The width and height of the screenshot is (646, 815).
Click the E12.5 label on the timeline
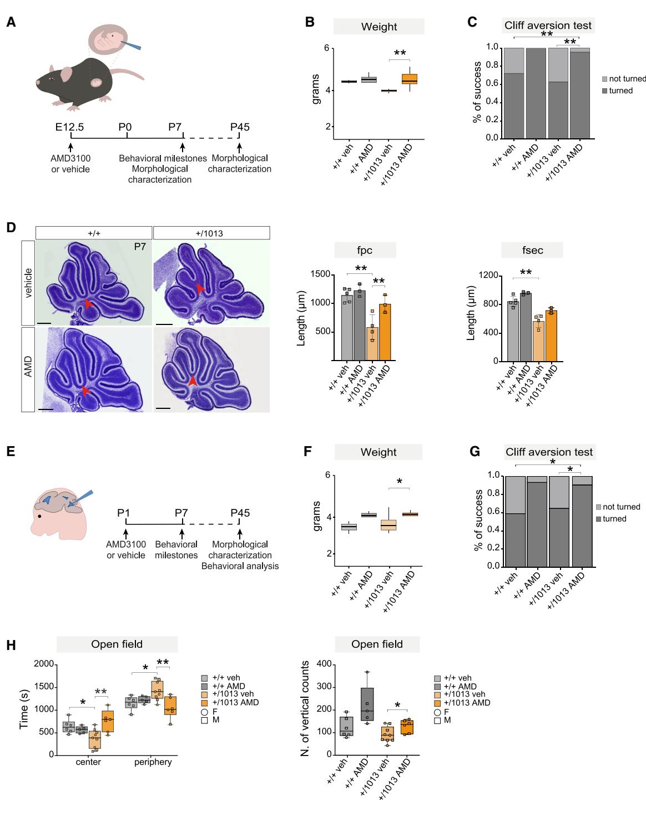pyautogui.click(x=69, y=127)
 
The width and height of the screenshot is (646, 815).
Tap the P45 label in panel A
pyautogui.click(x=240, y=127)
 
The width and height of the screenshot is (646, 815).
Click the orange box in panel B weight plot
pyautogui.click(x=410, y=79)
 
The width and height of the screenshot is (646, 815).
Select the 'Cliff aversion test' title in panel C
pyautogui.click(x=548, y=26)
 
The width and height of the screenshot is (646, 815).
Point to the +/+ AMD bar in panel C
pyautogui.click(x=537, y=93)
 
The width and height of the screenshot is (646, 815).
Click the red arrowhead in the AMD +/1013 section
pyautogui.click(x=192, y=381)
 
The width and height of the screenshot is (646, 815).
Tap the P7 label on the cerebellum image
pyautogui.click(x=140, y=246)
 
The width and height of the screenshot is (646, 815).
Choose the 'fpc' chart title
pyautogui.click(x=365, y=251)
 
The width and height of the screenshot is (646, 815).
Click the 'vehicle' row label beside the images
pyautogui.click(x=28, y=283)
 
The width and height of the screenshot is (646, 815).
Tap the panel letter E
pyautogui.click(x=11, y=452)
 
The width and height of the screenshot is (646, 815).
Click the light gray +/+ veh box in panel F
pyautogui.click(x=349, y=527)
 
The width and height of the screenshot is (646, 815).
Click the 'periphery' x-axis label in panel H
pyautogui.click(x=153, y=762)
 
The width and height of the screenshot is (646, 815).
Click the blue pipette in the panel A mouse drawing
pyautogui.click(x=132, y=45)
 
